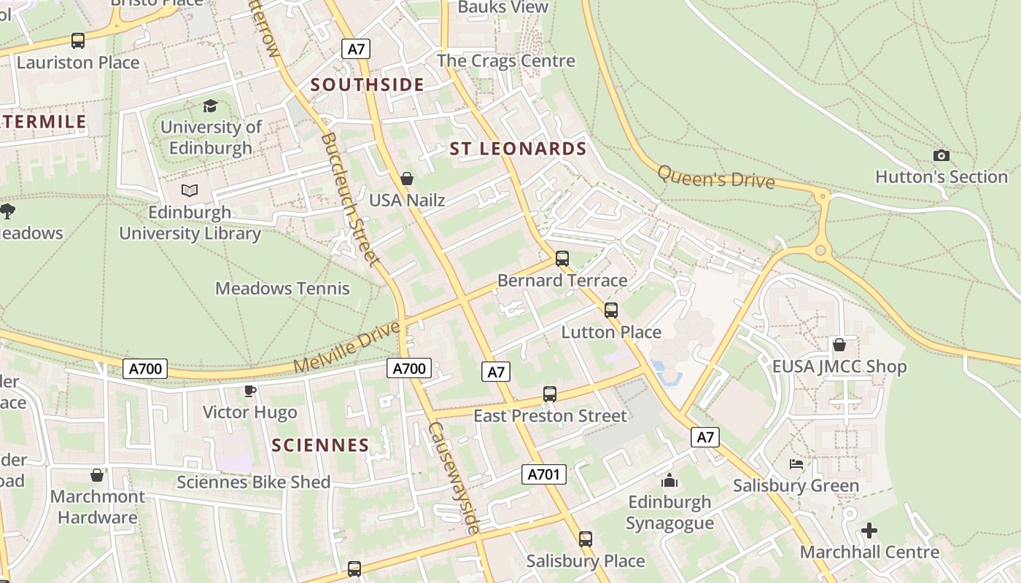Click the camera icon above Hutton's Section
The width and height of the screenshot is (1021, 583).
tap(942, 155)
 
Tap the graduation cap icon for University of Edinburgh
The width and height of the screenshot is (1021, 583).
tap(211, 106)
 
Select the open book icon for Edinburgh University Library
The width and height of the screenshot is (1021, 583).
tap(190, 191)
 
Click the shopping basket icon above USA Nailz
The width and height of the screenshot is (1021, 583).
tap(407, 179)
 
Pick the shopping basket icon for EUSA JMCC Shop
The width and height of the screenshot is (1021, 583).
tap(839, 345)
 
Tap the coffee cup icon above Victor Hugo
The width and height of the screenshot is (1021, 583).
tap(250, 391)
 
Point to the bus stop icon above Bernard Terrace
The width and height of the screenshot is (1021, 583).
tap(562, 259)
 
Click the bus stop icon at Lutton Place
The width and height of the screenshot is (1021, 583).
tap(611, 310)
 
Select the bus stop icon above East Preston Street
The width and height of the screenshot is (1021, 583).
tap(550, 394)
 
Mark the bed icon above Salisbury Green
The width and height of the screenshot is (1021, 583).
tap(796, 464)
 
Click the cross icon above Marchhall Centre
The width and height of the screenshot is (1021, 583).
tap(869, 531)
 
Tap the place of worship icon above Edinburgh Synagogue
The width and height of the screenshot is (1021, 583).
tap(669, 481)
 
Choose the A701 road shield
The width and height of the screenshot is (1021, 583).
tap(544, 474)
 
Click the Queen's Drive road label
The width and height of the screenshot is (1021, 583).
tap(715, 177)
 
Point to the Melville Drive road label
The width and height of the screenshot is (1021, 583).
tap(347, 347)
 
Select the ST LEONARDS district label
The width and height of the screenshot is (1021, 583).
tap(518, 149)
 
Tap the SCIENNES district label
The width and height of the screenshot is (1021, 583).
tap(321, 445)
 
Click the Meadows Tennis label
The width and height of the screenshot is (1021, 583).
tap(282, 289)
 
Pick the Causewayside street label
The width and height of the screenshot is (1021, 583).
tap(454, 477)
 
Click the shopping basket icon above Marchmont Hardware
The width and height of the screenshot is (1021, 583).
tap(97, 475)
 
